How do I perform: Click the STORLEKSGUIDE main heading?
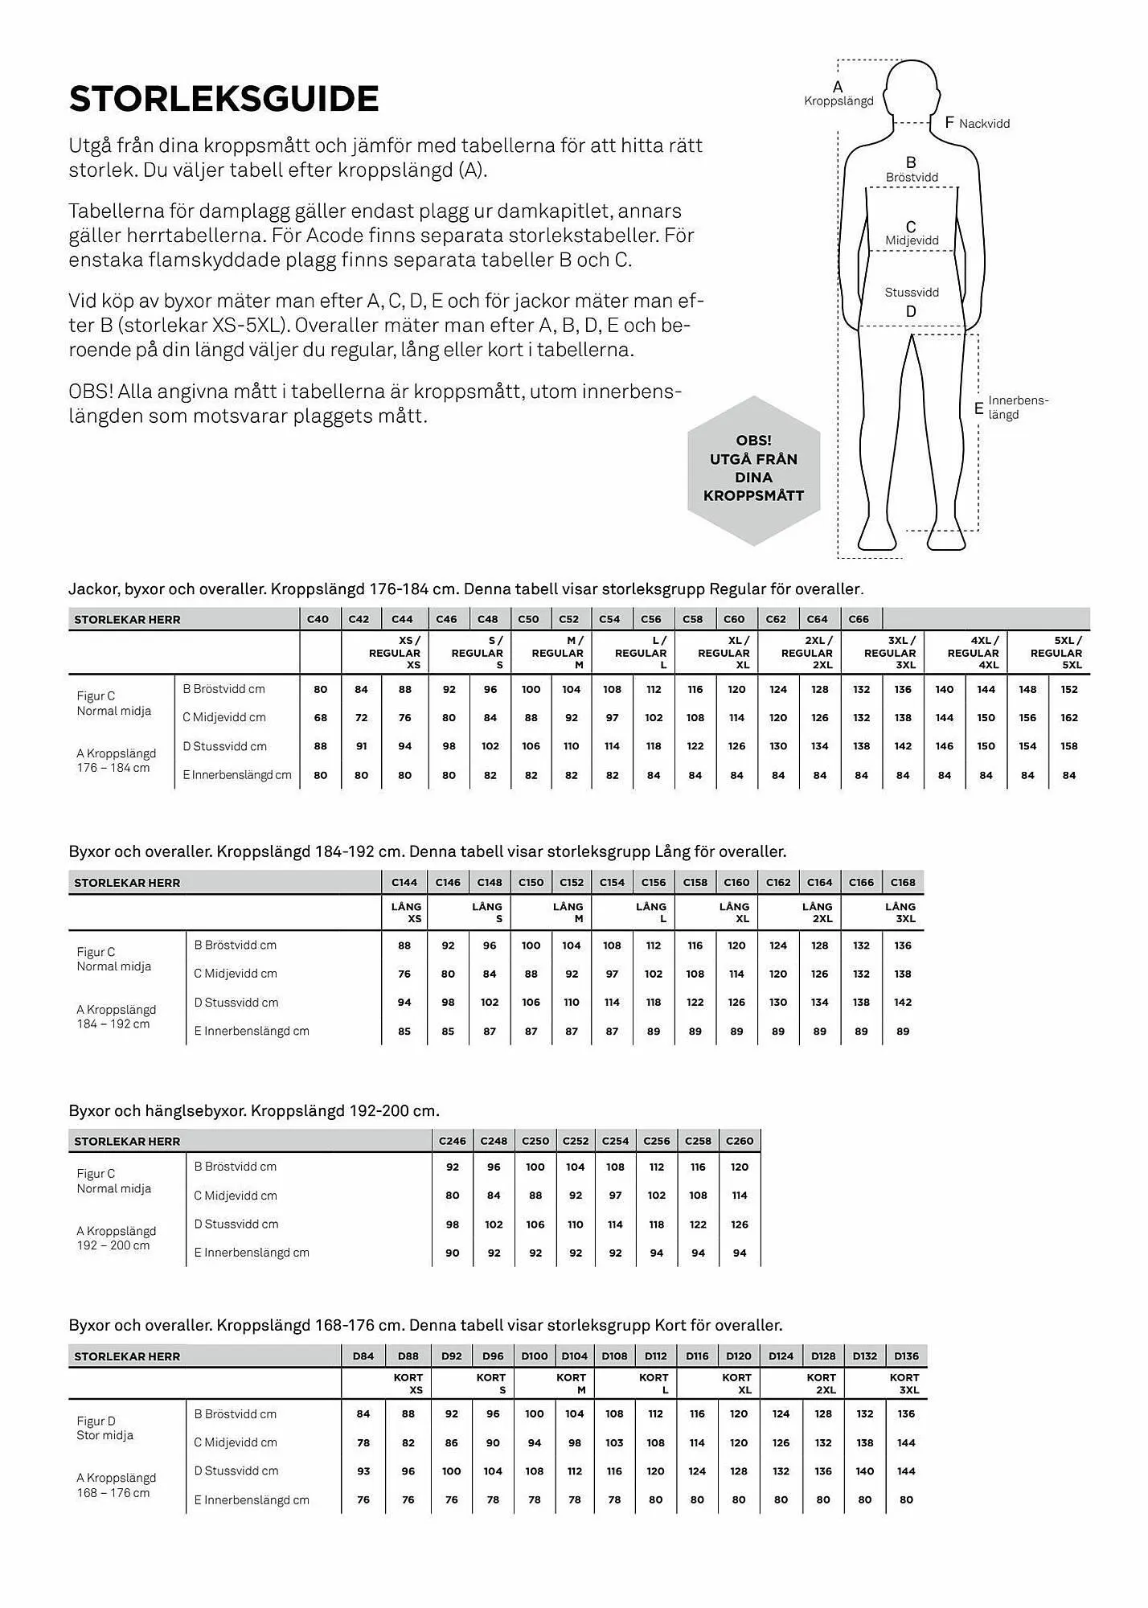pos(223,99)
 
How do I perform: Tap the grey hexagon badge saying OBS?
pos(753,470)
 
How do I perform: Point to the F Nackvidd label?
pos(977,123)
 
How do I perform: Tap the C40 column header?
pos(318,619)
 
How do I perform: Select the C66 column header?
pos(859,619)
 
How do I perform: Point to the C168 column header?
pos(903,882)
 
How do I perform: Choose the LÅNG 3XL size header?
pos(900,913)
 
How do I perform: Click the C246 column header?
pos(453,1141)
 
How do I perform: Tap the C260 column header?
pos(740,1141)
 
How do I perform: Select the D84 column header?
pos(363,1356)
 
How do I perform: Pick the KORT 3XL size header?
pos(904,1384)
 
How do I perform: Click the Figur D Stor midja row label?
pos(105,1428)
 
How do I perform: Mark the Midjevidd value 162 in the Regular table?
pos(1068,718)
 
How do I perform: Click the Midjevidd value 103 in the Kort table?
pos(614,1442)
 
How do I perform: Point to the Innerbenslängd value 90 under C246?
pos(453,1253)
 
